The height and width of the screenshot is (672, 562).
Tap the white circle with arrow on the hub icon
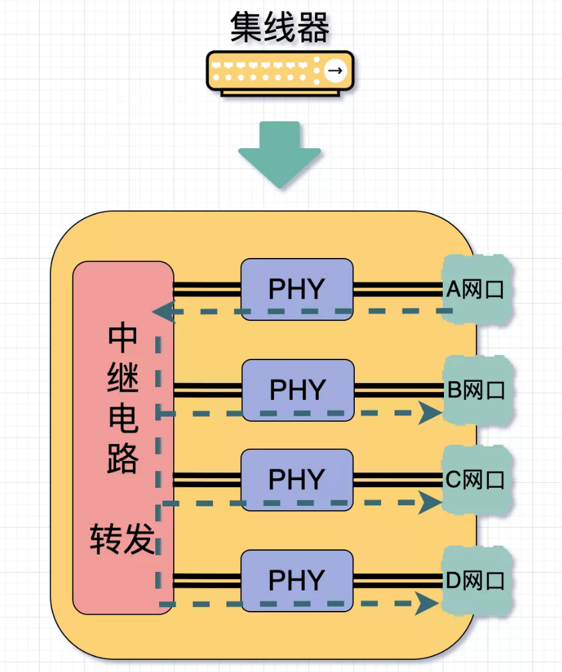click(334, 70)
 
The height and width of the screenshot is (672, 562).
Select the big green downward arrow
click(280, 155)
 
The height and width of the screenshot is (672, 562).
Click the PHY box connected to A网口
click(296, 289)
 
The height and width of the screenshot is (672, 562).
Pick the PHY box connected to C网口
click(296, 479)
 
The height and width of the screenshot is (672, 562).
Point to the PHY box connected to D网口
click(296, 580)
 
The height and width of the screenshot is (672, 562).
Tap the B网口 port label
click(477, 390)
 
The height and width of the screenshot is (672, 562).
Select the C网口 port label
click(476, 480)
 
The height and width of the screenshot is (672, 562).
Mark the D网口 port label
click(475, 582)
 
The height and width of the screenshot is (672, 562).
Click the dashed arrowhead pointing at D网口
click(428, 603)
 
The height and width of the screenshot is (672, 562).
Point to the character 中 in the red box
click(123, 339)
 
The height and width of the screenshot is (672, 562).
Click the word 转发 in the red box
click(123, 539)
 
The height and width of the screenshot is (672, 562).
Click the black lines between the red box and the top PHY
click(207, 289)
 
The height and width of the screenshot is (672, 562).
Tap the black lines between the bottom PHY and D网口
click(398, 581)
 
